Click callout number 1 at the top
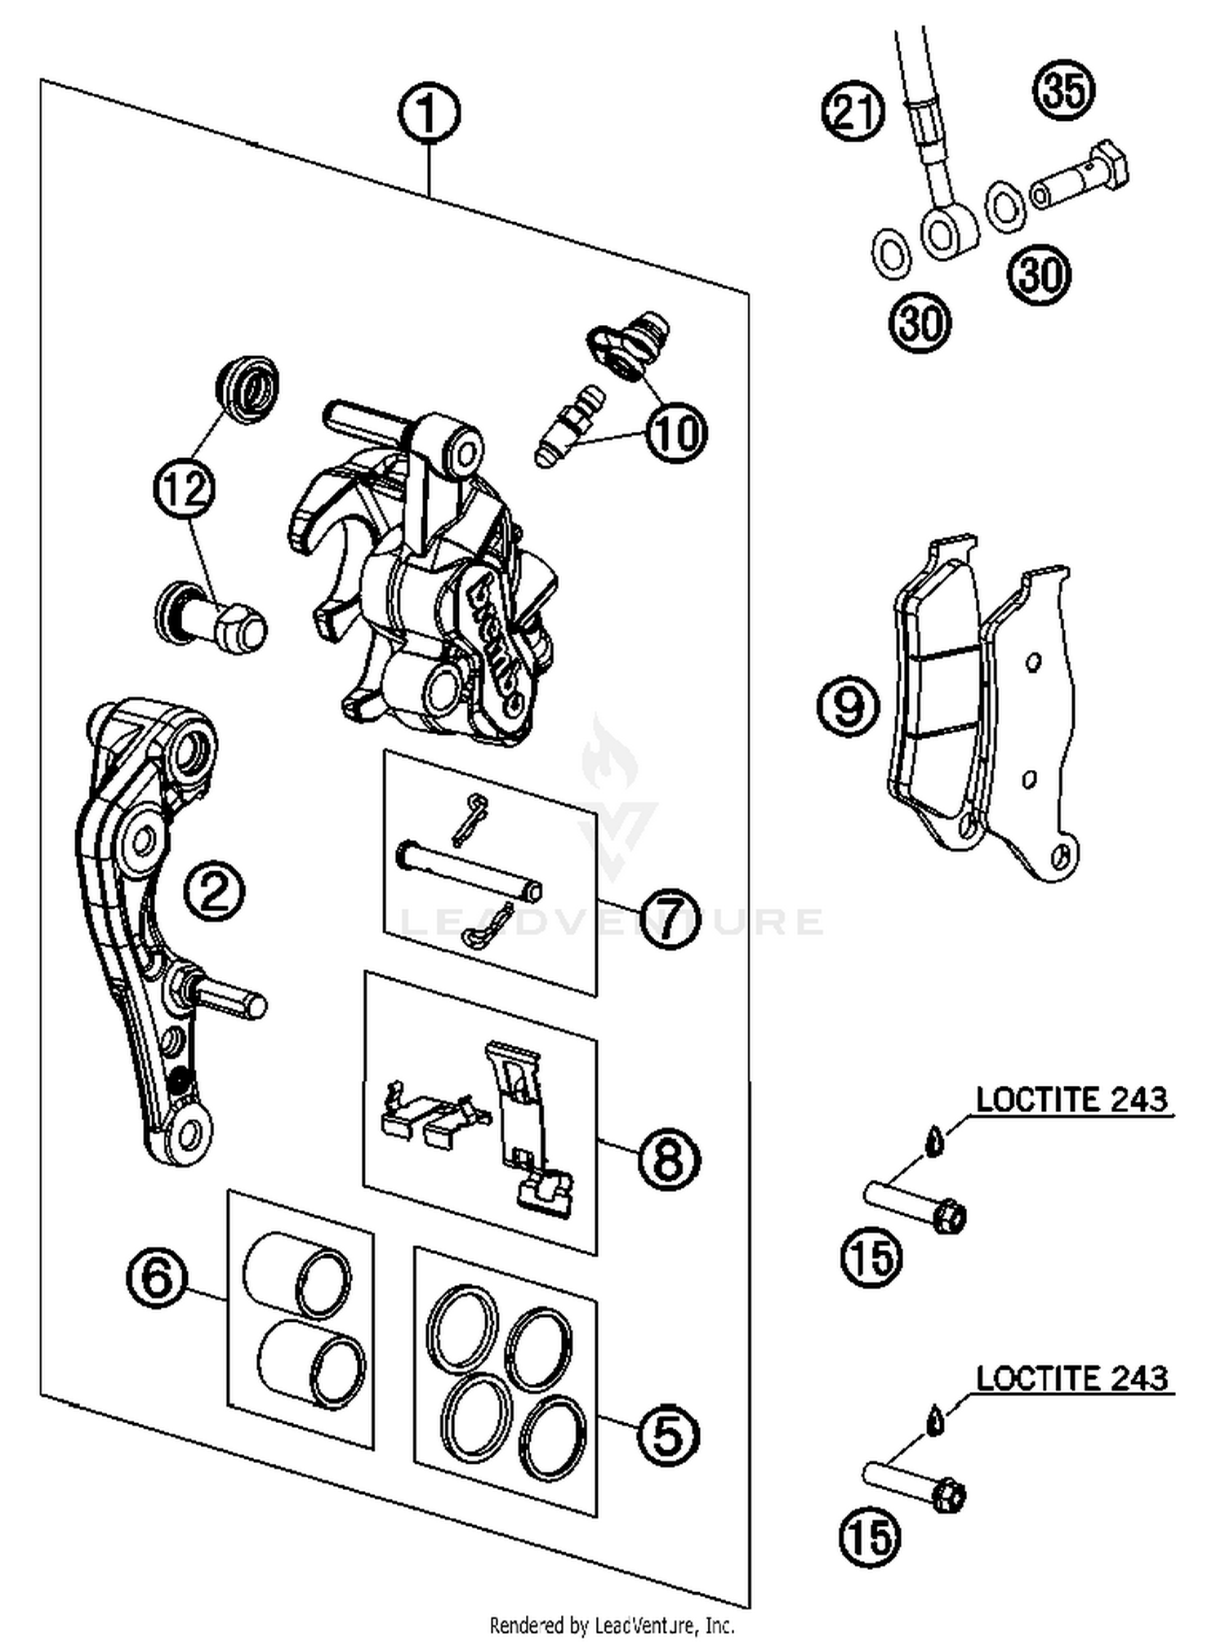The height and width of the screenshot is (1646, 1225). point(429,114)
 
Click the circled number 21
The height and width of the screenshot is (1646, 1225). point(853,112)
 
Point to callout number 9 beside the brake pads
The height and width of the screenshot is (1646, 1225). point(849,705)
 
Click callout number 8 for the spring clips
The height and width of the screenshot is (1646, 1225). point(669,1159)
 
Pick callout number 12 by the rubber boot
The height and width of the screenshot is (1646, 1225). point(185,488)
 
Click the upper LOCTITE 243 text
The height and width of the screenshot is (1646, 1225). point(1071,1101)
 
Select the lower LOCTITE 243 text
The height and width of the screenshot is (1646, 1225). point(1071,1380)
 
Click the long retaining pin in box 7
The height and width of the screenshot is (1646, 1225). point(469,870)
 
